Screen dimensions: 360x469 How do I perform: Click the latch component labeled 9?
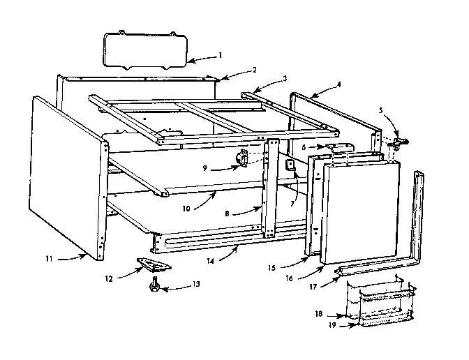pyautogui.click(x=244, y=159)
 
